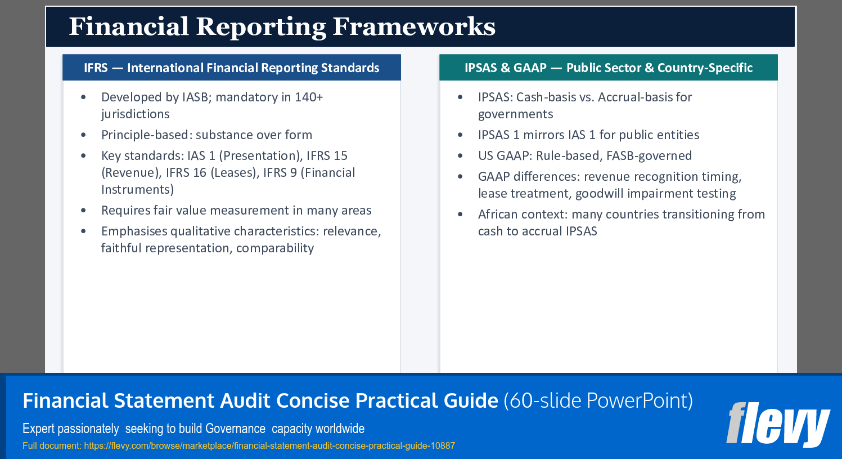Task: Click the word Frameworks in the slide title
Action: pyautogui.click(x=414, y=26)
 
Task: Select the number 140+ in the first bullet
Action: pyautogui.click(x=309, y=97)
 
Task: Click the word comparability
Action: pyautogui.click(x=275, y=248)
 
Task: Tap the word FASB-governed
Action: pyautogui.click(x=649, y=156)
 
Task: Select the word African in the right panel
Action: pyautogui.click(x=498, y=215)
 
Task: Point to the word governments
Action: pyautogui.click(x=515, y=114)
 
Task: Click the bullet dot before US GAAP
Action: pyautogui.click(x=461, y=156)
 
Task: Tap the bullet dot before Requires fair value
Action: pyautogui.click(x=84, y=211)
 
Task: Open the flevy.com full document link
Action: pyautogui.click(x=269, y=446)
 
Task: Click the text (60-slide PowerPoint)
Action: pyautogui.click(x=598, y=401)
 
